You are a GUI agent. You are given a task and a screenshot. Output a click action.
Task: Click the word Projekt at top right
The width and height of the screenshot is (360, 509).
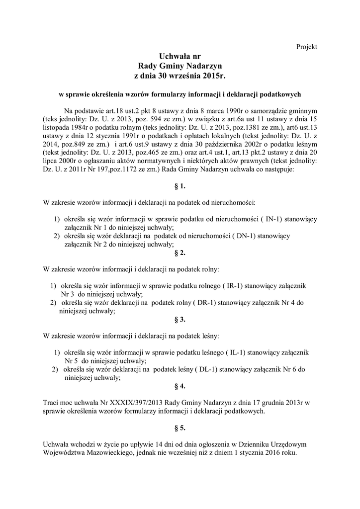[306, 47]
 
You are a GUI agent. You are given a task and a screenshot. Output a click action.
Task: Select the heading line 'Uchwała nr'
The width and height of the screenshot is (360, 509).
[180, 57]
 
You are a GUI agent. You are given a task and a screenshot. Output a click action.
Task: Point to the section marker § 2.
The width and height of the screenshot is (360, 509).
[180, 253]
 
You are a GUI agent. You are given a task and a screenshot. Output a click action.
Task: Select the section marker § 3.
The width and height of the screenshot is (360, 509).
[180, 320]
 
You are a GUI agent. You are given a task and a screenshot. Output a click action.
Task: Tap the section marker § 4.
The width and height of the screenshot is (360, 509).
[180, 386]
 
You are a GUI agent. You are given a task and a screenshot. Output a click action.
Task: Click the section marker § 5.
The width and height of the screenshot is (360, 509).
[180, 427]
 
